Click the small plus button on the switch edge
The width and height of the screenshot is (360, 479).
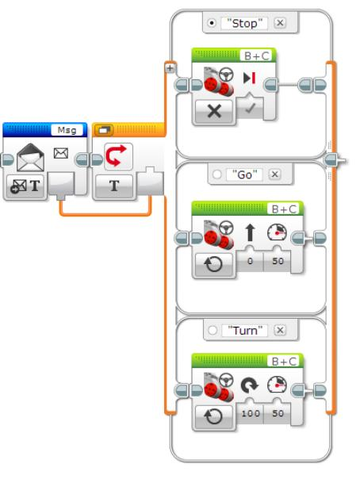pos(169,69)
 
